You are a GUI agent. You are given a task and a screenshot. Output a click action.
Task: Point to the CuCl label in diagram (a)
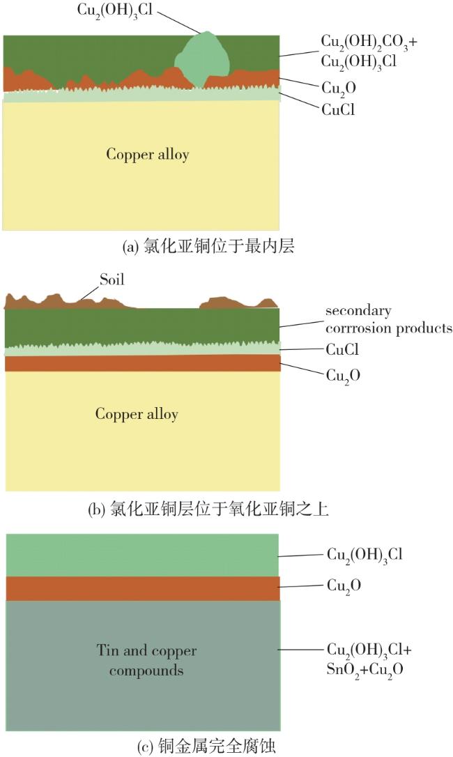(x=338, y=109)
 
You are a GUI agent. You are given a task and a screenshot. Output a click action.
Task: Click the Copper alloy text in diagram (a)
(x=147, y=154)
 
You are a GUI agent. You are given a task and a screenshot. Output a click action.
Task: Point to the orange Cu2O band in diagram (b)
(x=142, y=363)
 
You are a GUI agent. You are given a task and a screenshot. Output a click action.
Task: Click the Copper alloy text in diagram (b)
(x=137, y=414)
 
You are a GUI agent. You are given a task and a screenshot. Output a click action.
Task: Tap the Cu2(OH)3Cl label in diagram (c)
(x=364, y=555)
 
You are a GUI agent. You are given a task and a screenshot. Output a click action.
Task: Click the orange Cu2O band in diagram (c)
(x=142, y=588)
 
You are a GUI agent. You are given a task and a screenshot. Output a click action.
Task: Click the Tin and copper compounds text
(x=146, y=661)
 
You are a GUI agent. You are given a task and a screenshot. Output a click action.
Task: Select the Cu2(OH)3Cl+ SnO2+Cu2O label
(x=369, y=659)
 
